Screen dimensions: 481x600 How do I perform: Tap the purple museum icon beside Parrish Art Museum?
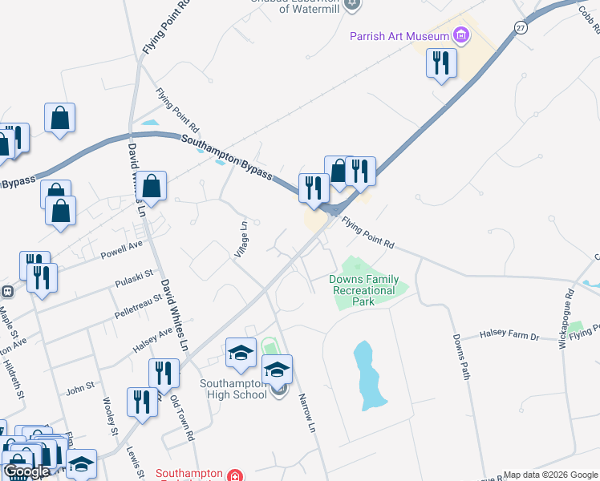coord(460,35)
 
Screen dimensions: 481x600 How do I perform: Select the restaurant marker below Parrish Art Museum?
coord(440,63)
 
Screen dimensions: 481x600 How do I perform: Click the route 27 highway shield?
coord(521,27)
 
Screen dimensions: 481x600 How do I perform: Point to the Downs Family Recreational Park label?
coord(363,290)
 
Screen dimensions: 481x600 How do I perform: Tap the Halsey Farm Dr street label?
coord(510,336)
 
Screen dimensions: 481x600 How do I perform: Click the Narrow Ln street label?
coord(305,412)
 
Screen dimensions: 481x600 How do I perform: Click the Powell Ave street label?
coord(121,250)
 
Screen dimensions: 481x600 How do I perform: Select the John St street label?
coord(80,389)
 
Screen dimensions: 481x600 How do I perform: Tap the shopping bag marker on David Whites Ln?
coord(151,187)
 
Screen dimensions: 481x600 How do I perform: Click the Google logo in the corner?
coord(26,471)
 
